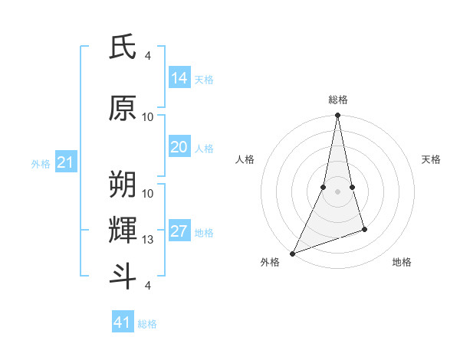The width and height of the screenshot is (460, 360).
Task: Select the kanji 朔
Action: click(123, 185)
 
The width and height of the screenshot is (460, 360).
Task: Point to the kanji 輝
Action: click(123, 230)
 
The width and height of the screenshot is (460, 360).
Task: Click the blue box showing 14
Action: click(179, 77)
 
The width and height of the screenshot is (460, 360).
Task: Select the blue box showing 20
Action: click(179, 147)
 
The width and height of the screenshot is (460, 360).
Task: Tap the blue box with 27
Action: click(179, 231)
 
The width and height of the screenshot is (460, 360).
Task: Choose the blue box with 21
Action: click(66, 162)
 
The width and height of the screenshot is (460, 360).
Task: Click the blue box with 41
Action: click(123, 322)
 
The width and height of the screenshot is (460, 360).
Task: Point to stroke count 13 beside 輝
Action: click(148, 241)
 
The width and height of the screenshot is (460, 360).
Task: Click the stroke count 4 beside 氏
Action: click(148, 55)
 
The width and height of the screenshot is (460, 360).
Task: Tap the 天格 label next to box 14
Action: click(204, 79)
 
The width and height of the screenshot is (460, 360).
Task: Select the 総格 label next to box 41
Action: click(147, 324)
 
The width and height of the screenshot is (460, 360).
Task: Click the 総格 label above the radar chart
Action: click(338, 100)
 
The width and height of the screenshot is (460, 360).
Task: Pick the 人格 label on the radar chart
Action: click(245, 159)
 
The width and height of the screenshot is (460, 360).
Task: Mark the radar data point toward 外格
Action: click(292, 254)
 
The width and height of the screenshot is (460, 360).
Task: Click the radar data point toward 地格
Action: click(364, 229)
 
